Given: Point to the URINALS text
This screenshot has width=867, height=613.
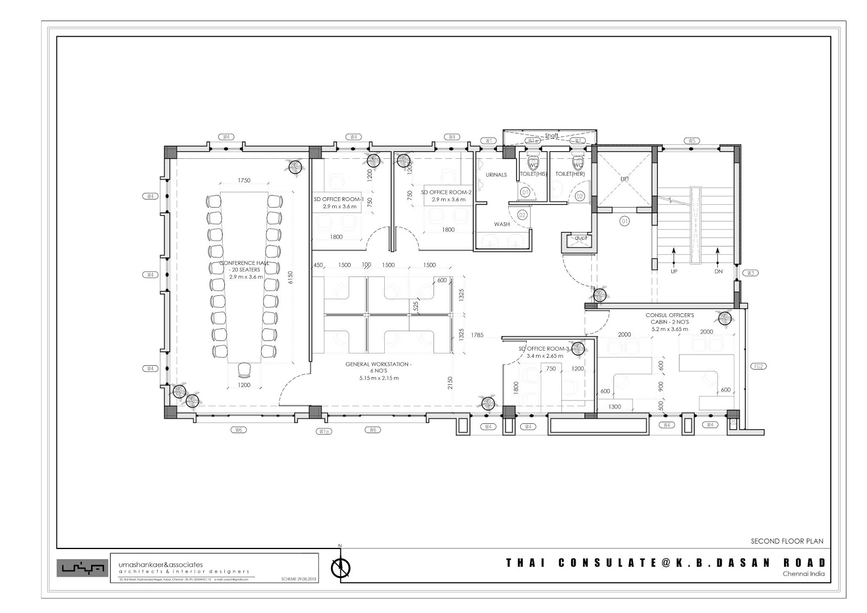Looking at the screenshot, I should [x=496, y=175].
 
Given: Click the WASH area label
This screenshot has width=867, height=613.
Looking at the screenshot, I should [x=501, y=224].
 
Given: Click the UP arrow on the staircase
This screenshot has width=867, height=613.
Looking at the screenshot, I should [x=674, y=255].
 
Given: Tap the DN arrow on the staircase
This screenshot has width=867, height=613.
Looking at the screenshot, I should [x=719, y=255].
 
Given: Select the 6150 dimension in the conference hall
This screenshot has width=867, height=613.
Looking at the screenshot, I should [x=290, y=278].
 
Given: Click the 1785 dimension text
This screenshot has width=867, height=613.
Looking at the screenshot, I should [x=477, y=335].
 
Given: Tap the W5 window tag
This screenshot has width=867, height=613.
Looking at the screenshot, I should [x=691, y=141].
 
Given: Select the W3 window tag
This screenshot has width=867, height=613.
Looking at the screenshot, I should [x=750, y=273].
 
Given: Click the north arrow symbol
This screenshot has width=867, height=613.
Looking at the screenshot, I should [x=340, y=567].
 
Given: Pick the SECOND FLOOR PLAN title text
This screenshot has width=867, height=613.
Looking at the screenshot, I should [x=786, y=541].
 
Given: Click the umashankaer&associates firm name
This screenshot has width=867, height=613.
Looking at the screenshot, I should [x=160, y=564].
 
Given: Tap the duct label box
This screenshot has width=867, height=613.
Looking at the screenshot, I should [x=580, y=238].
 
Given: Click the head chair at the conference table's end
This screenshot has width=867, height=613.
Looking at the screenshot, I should [x=244, y=370].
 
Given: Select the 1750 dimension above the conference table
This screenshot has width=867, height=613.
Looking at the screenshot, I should [x=244, y=180].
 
